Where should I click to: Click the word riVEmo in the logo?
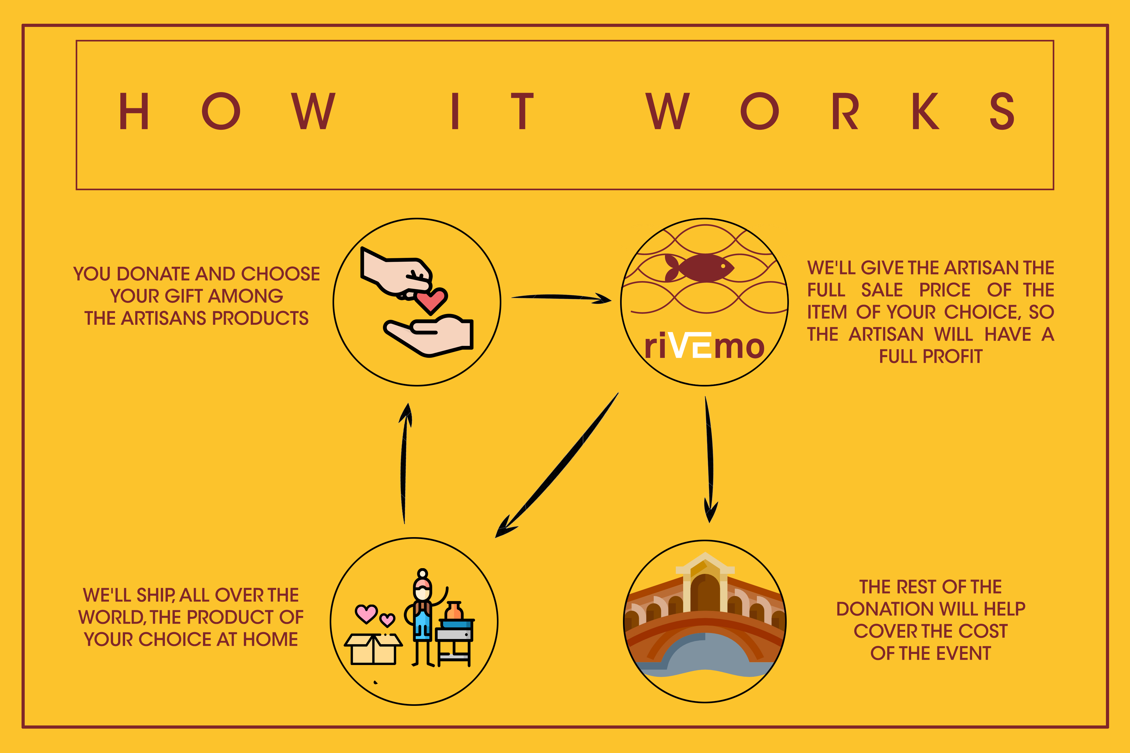pyautogui.click(x=704, y=345)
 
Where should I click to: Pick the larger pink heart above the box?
pyautogui.click(x=366, y=613)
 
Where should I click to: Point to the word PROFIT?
pyautogui.click(x=952, y=356)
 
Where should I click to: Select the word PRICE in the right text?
pyautogui.click(x=944, y=290)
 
